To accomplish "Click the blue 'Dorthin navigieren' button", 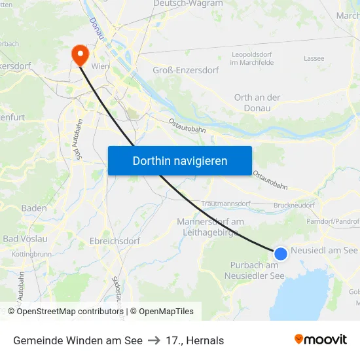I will (180, 161).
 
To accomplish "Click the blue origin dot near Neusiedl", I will (281, 254).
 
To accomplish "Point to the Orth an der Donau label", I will (257, 103).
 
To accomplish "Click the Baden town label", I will (34, 208).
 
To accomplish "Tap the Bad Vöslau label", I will (25, 239).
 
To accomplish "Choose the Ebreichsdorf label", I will (115, 241).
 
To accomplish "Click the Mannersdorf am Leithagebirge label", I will (210, 226).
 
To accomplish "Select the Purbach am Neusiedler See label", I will (254, 270).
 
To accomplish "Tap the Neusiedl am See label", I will (324, 251).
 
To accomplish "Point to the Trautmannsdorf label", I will (226, 204).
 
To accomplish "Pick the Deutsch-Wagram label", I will (188, 4).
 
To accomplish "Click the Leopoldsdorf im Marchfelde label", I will (252, 59).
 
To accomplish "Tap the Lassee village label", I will (314, 59).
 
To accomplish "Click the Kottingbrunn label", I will (31, 253).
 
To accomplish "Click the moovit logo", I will (321, 340).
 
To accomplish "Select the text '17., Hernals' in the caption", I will (194, 340).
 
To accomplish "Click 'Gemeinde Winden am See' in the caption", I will (78, 340).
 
